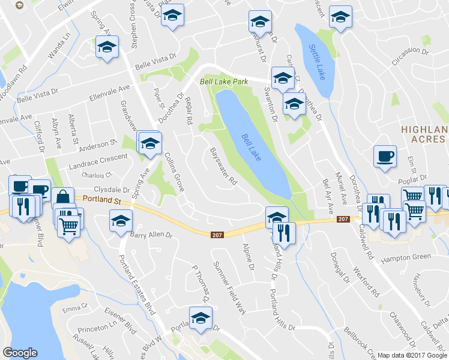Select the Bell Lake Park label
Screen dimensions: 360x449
click(223, 80)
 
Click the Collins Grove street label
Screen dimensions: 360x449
click(173, 171)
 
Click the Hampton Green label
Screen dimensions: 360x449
click(407, 257)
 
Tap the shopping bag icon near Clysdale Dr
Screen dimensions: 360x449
click(62, 197)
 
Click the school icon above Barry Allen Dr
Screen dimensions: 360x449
click(121, 220)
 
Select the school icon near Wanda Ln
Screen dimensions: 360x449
click(107, 47)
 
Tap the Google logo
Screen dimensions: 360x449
click(20, 353)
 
